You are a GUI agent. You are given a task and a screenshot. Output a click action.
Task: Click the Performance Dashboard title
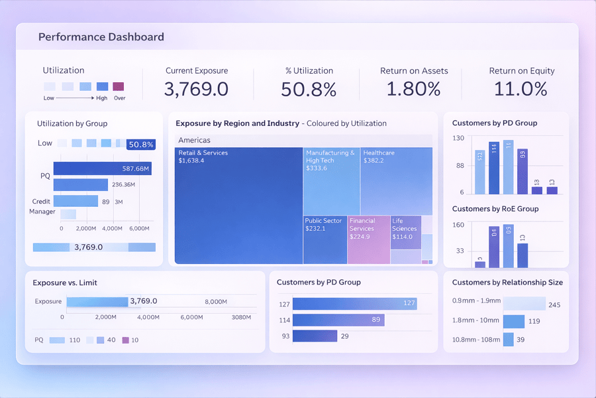[x=101, y=37]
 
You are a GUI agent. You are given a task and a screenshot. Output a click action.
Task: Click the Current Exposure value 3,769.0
[x=196, y=89]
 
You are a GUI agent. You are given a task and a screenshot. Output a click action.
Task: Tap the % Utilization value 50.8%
[x=308, y=89]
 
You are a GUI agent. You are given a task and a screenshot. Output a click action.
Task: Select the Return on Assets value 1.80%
[x=413, y=89]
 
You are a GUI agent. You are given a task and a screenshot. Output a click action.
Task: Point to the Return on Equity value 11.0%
[x=521, y=89]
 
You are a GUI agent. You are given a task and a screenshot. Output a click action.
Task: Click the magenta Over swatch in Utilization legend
[x=118, y=86]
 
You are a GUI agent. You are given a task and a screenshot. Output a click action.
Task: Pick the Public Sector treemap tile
[x=324, y=239]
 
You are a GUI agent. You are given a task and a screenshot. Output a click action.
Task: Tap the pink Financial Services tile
[x=368, y=239]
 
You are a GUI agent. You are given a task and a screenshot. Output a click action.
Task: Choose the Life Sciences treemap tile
[x=405, y=233]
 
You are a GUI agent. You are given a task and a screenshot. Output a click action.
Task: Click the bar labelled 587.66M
[x=102, y=168]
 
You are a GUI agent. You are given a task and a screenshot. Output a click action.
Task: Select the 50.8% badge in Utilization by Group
[x=140, y=144]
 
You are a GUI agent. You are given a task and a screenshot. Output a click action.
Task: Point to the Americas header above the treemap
[x=194, y=141]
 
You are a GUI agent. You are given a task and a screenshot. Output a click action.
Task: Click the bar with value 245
[x=524, y=304]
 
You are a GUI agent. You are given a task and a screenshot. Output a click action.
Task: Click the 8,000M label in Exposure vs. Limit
[x=216, y=302]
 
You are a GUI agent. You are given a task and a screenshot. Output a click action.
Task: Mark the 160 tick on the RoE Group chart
[x=458, y=225]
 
